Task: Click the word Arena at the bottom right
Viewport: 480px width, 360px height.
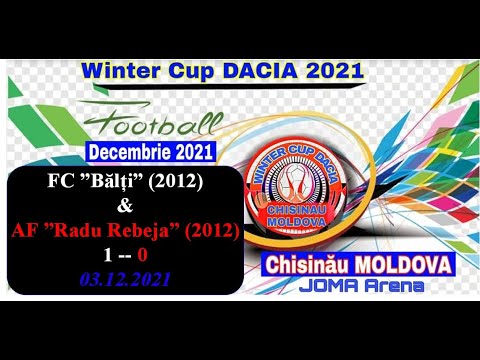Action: (x=391, y=287)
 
